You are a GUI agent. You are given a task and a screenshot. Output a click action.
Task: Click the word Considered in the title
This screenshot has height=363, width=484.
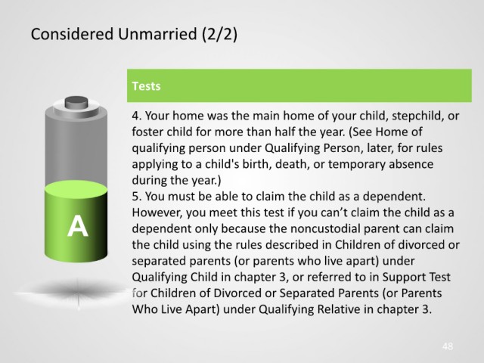click(x=72, y=34)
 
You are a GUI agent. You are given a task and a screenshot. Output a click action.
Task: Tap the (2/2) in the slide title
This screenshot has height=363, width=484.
click(x=220, y=34)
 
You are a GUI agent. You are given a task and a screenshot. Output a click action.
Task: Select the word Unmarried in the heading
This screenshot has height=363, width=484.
click(x=157, y=34)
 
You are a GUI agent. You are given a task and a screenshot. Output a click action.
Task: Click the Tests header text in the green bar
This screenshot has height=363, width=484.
click(x=146, y=86)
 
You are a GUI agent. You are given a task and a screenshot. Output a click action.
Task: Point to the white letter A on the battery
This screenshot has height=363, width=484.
click(x=77, y=226)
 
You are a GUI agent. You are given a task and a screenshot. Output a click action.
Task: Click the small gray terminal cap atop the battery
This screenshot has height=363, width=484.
click(x=76, y=102)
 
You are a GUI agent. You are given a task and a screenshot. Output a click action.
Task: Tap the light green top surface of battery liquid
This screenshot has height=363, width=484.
click(x=76, y=189)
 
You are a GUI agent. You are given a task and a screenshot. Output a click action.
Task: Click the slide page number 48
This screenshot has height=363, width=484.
click(x=448, y=346)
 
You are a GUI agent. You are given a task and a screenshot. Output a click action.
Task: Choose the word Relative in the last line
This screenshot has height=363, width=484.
click(x=339, y=309)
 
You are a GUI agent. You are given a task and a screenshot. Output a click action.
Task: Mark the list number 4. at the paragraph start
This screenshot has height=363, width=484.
click(x=137, y=116)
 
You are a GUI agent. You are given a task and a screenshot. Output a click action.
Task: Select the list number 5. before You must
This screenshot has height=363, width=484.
click(x=137, y=197)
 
